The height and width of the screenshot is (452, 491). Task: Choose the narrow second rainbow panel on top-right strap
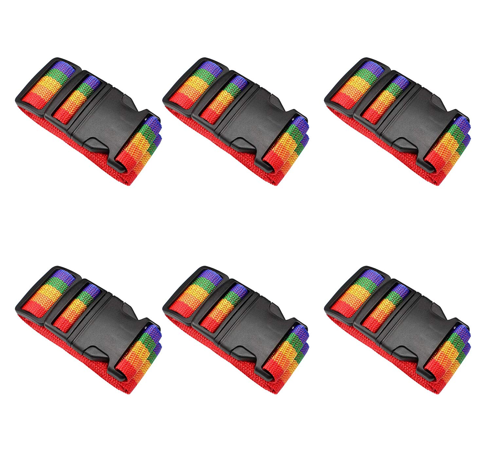coord(386,98)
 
